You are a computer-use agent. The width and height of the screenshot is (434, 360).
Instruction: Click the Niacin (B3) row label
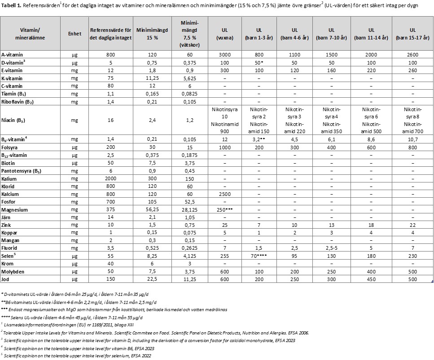point(15,120)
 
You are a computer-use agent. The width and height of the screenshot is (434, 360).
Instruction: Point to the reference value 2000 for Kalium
point(110,179)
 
